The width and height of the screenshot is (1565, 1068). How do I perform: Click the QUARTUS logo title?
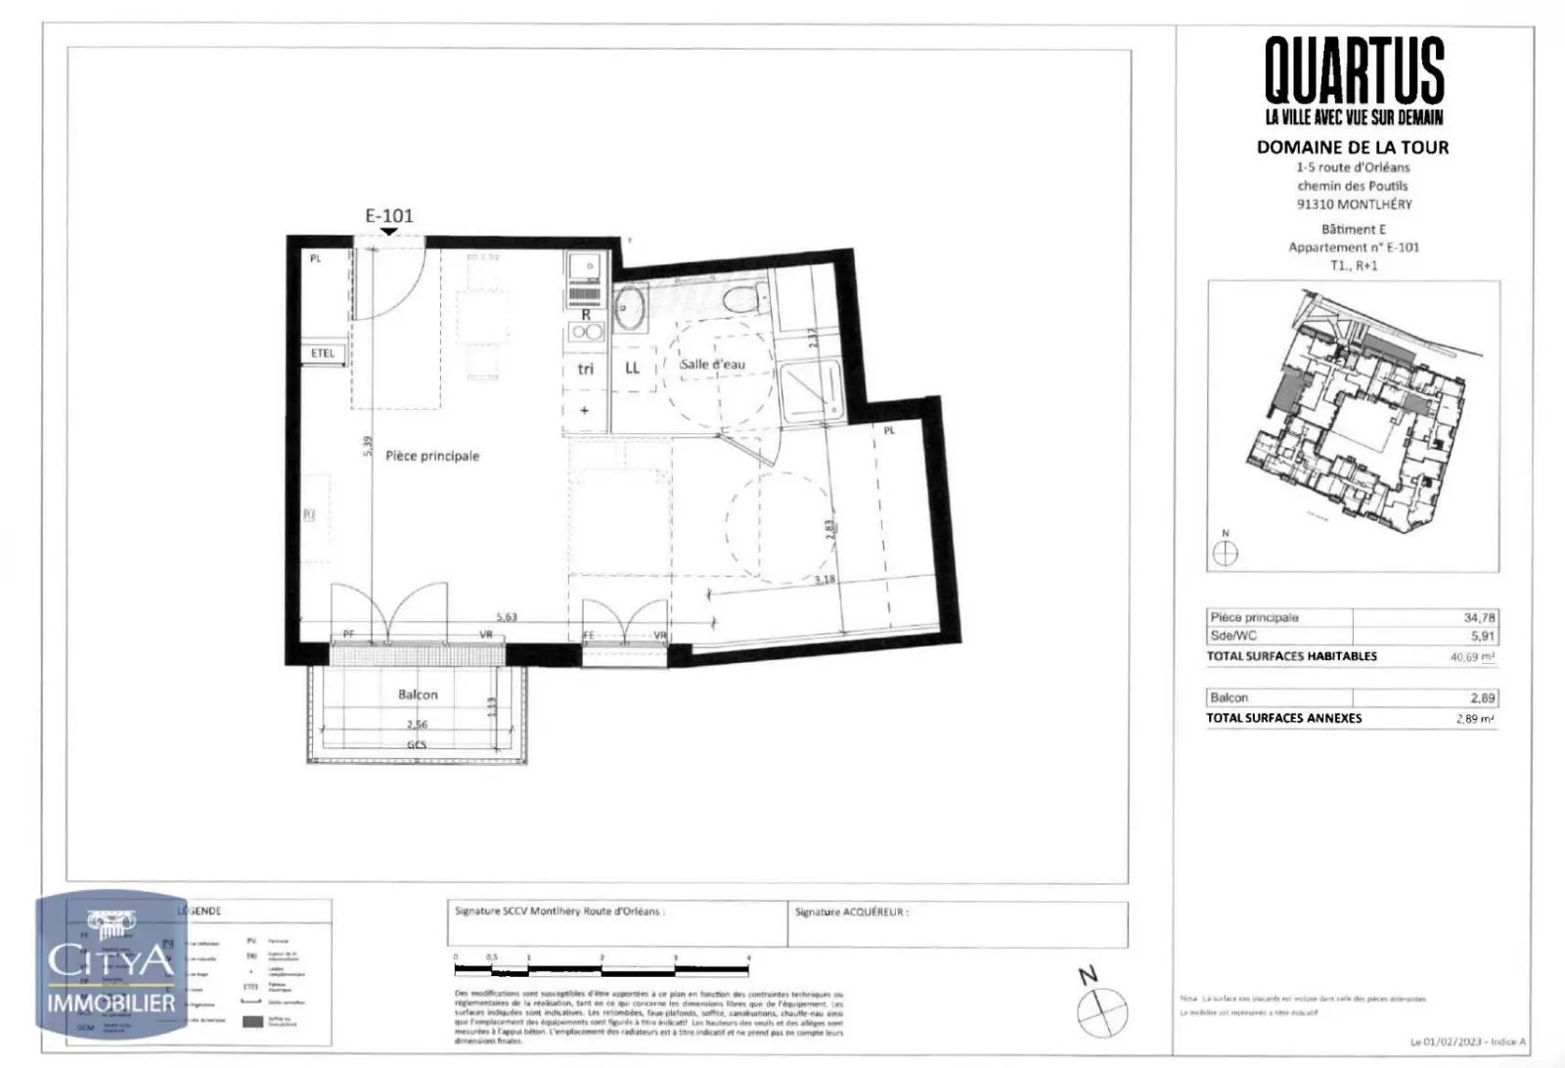1354,70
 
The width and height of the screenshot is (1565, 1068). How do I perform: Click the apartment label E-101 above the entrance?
389,215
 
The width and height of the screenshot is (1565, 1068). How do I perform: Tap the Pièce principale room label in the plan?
432,456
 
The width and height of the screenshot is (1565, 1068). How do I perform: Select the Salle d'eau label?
712,364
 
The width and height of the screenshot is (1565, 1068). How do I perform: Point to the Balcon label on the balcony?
418,694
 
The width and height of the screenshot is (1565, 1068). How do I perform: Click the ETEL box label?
323,353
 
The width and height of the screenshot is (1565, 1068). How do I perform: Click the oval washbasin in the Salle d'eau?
628,307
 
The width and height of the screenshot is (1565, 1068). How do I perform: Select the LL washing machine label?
632,368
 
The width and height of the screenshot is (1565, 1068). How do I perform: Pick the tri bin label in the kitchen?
585,369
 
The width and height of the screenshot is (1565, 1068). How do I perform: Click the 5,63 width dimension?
507,617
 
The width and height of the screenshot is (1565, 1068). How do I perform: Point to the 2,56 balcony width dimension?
418,725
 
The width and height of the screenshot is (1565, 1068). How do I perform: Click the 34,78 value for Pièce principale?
1478,617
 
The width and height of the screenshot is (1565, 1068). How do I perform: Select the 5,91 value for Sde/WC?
1483,636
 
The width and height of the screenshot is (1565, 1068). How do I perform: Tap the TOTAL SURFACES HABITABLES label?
1291,656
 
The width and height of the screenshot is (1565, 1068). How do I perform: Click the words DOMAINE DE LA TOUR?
1353,148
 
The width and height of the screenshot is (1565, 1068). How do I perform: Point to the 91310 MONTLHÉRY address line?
1354,204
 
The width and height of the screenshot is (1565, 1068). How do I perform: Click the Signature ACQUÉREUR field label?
851,912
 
